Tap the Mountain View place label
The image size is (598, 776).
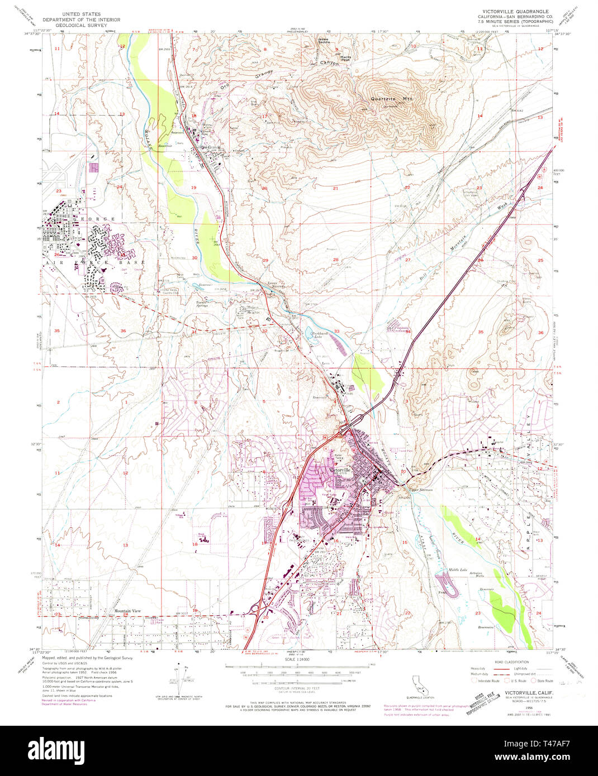pos(127,611)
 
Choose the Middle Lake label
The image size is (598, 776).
pos(458,570)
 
